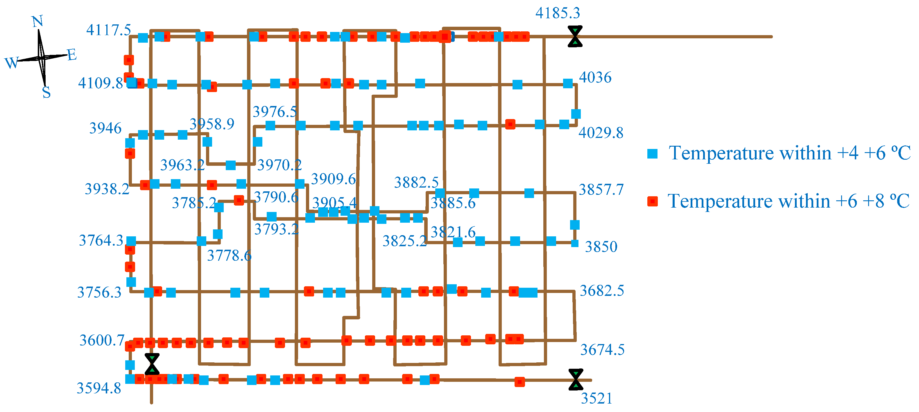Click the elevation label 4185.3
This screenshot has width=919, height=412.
(558, 13)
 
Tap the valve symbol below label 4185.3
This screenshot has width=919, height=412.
(575, 36)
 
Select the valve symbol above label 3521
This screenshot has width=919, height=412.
(576, 379)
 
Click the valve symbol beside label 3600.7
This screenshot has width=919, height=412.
(152, 364)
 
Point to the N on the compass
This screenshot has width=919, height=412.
(37, 21)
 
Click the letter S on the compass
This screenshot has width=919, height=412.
(46, 92)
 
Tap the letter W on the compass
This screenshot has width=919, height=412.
(11, 63)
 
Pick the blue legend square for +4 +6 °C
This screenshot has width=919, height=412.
(653, 154)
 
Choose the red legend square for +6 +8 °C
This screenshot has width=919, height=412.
(653, 202)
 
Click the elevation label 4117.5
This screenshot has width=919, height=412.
(108, 30)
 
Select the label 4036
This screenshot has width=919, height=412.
(595, 77)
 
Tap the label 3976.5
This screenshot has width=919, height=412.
(275, 112)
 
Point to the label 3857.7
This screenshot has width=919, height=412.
(601, 190)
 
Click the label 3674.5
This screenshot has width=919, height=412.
(602, 350)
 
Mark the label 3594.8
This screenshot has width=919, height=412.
(99, 388)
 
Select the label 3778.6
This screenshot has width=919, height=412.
(229, 256)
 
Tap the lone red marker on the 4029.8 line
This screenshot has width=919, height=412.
(510, 124)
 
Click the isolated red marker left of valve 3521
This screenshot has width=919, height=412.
(519, 382)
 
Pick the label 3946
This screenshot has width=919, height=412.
(105, 128)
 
